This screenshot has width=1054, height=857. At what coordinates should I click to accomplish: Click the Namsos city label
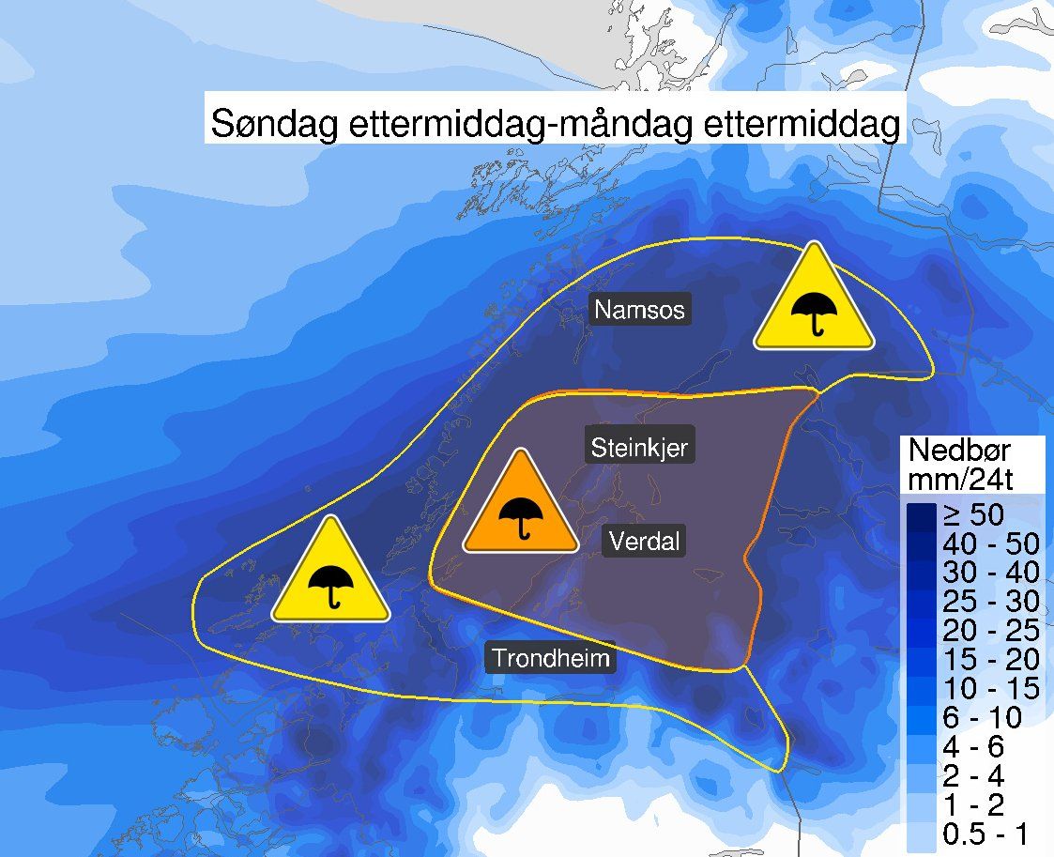point(640,309)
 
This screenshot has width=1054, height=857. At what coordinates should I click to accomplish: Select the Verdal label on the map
point(644,541)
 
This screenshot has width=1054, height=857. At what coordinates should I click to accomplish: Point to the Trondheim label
point(551,657)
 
